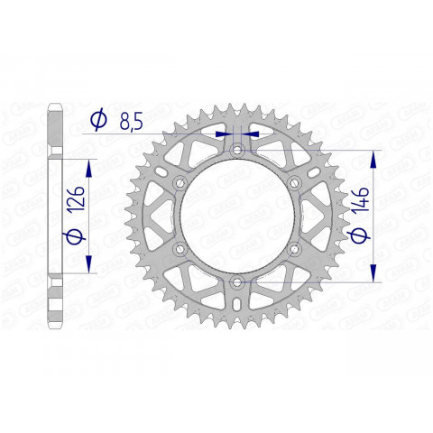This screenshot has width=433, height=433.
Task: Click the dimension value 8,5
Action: click(129, 120)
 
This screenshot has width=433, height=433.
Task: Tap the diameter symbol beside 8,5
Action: click(99, 119)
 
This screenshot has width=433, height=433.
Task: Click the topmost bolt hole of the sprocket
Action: click(236, 150)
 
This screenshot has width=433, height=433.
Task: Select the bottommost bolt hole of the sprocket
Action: click(236, 282)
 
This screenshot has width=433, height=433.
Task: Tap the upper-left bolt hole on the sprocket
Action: click(179, 183)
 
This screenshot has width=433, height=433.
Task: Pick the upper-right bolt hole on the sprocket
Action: click(294, 183)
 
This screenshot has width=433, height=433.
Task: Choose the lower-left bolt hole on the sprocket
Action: click(179, 250)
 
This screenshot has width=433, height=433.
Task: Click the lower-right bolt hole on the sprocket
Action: click(294, 250)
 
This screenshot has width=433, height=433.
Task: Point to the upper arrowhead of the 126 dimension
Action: click(88, 169)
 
